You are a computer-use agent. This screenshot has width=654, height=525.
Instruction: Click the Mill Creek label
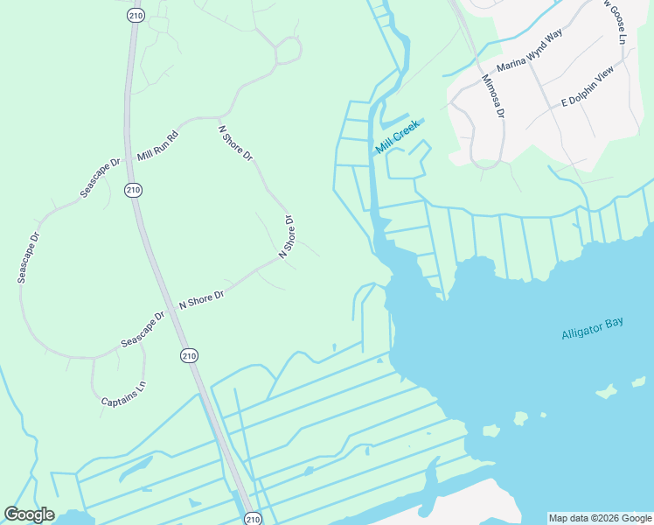tap(398, 137)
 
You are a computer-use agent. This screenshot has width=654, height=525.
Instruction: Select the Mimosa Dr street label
tap(493, 95)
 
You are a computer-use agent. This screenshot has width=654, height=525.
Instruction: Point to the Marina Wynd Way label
tap(529, 54)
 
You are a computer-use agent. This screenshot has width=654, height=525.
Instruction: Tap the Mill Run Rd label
tap(158, 146)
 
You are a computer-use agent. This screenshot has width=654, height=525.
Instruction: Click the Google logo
tap(29, 514)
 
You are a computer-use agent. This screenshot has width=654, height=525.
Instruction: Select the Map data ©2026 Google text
tap(600, 518)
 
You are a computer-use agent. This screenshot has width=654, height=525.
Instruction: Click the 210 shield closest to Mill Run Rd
tap(133, 189)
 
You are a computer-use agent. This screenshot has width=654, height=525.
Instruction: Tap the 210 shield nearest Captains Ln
tap(190, 355)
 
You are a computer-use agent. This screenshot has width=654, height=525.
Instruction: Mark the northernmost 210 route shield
tap(135, 15)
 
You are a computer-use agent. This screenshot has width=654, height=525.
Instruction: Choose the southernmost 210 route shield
tap(252, 518)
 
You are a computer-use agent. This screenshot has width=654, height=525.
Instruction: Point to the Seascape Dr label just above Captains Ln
tap(143, 329)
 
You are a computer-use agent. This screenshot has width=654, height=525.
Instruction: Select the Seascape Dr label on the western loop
tap(28, 257)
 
